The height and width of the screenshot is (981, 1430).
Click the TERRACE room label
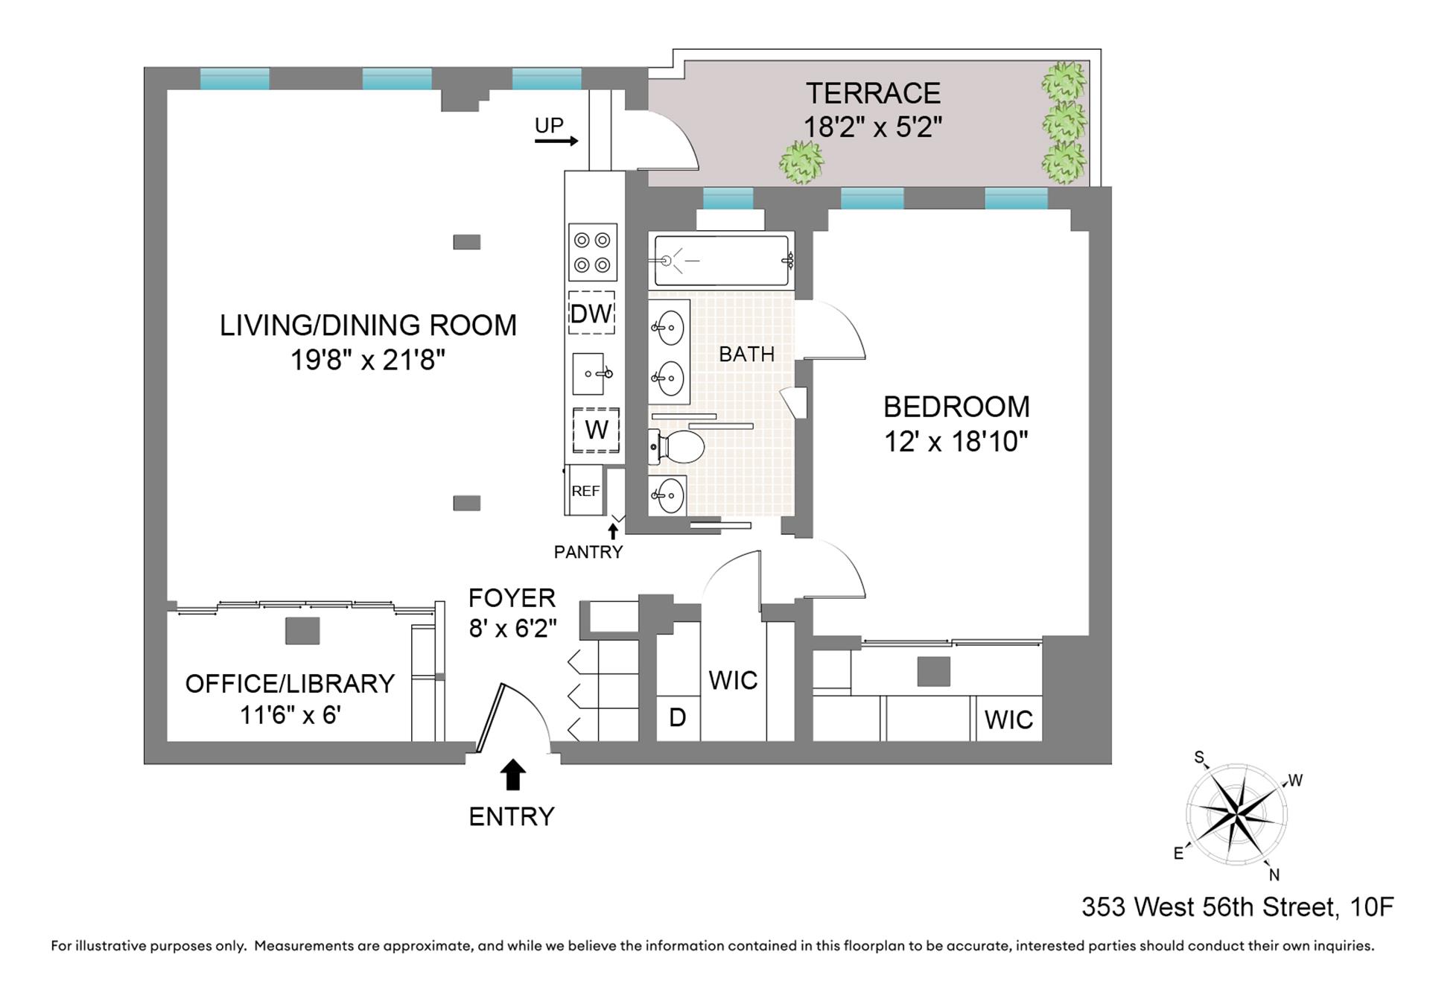(x=873, y=94)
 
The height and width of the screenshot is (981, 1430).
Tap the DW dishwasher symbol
(x=592, y=314)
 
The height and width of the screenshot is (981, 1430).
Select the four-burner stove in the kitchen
(x=593, y=253)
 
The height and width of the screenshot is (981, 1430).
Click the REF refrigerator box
(x=585, y=491)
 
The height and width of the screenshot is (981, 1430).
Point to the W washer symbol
(x=596, y=430)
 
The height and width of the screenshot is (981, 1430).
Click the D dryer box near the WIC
(x=677, y=717)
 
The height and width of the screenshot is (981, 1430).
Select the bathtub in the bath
(x=721, y=261)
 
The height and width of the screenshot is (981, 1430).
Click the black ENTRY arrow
(x=512, y=775)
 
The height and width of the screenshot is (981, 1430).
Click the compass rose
(x=1236, y=814)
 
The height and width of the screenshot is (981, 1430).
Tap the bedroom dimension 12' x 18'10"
(x=956, y=442)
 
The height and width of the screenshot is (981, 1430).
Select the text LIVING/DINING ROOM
(x=368, y=326)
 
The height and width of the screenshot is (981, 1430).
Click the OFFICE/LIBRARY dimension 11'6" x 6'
(x=290, y=715)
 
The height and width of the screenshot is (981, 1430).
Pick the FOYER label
(x=512, y=598)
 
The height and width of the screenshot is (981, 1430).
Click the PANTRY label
(x=588, y=552)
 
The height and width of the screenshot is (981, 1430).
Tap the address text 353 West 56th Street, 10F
(x=1237, y=907)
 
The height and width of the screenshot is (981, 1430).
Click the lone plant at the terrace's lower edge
(x=801, y=162)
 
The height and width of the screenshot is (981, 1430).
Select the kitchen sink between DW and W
(x=593, y=373)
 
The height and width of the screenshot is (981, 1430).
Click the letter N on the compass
(x=1274, y=874)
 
